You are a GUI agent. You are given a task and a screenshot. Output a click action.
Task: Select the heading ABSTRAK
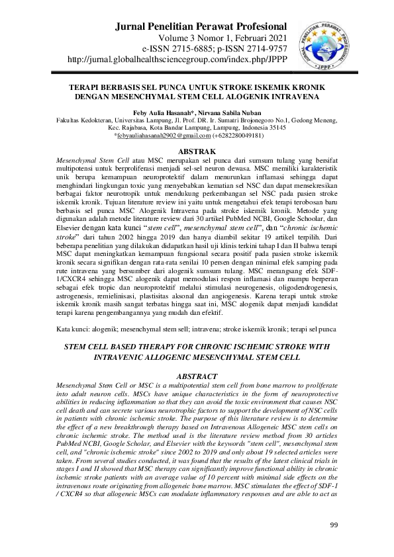pyautogui.click(x=197, y=151)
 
